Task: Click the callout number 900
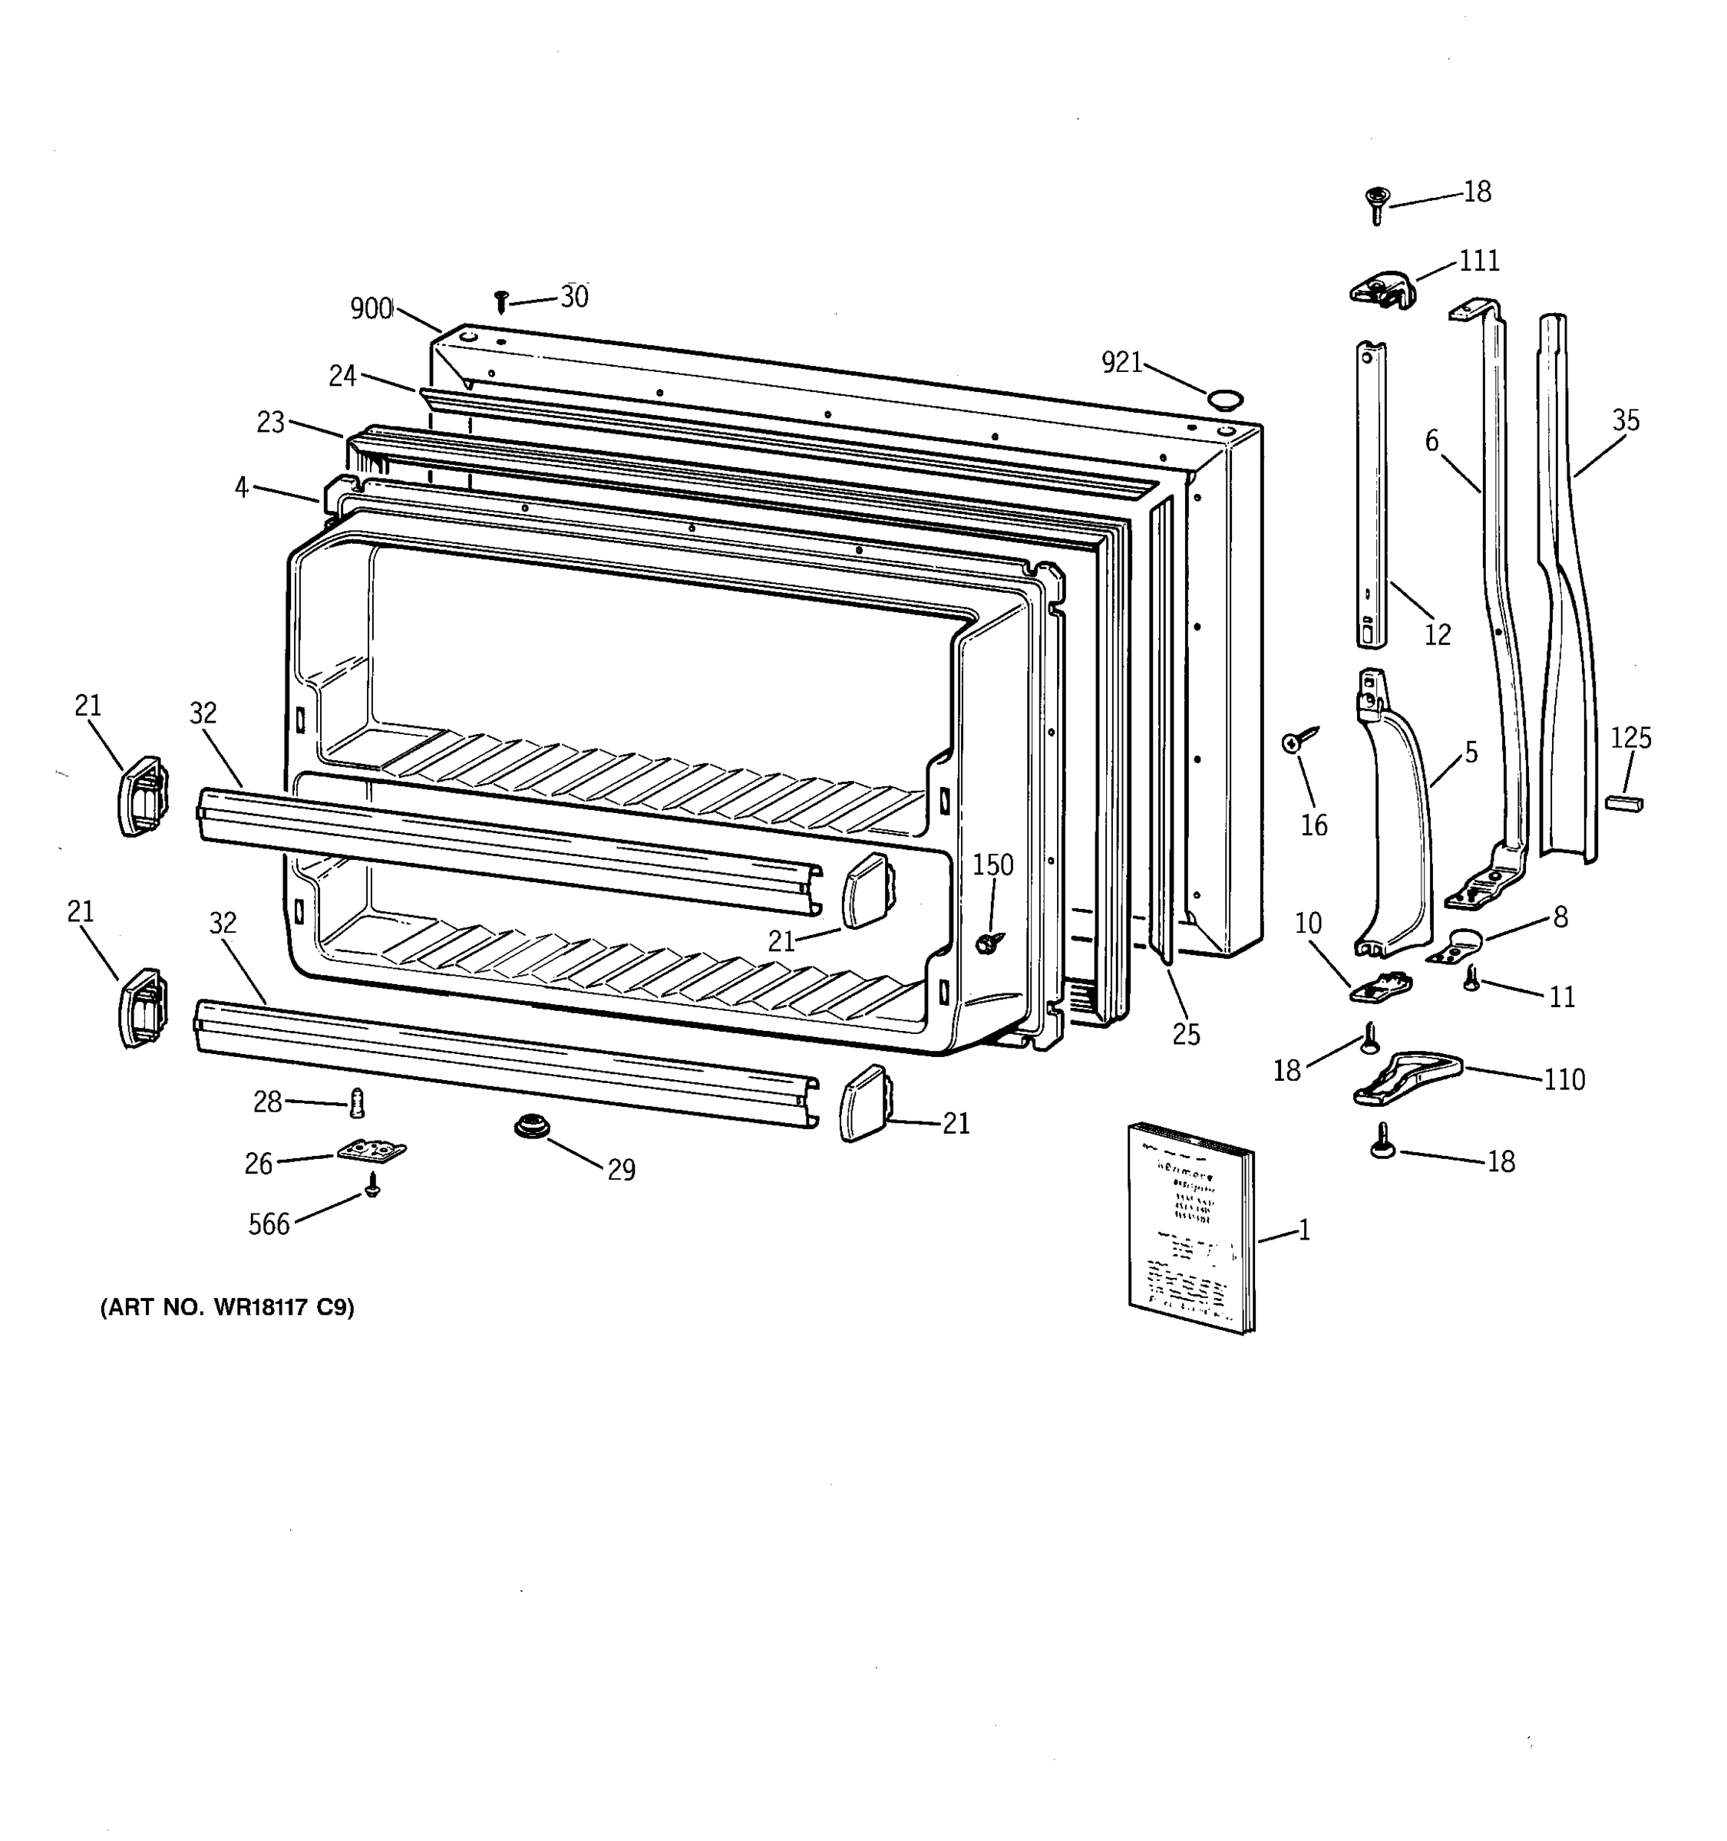tap(371, 308)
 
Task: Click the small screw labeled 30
tap(501, 301)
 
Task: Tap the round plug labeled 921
tap(1224, 399)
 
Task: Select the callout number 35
tap(1625, 420)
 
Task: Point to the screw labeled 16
tap(1293, 742)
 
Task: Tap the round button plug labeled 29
tap(532, 1127)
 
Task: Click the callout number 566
tap(269, 1224)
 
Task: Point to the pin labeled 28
tap(357, 1102)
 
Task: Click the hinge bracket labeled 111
tap(1382, 290)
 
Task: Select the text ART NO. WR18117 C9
tap(227, 1306)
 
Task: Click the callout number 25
tap(1186, 1034)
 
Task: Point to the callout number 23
tap(270, 423)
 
